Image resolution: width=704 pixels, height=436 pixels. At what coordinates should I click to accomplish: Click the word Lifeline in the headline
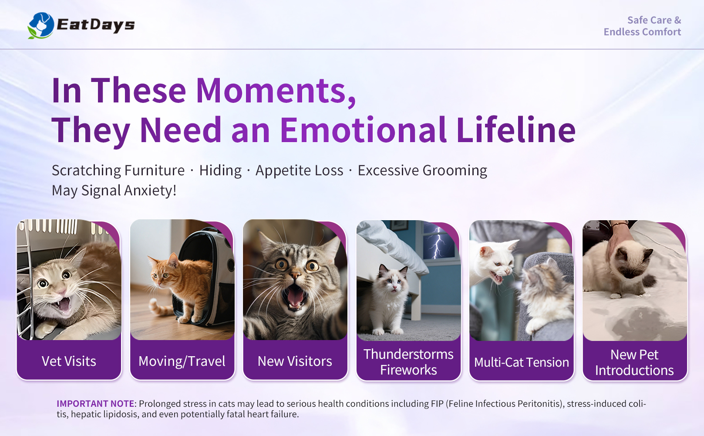click(x=515, y=129)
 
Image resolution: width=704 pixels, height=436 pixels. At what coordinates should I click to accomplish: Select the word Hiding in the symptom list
click(x=220, y=171)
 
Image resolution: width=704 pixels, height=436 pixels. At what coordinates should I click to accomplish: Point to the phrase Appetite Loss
click(x=299, y=171)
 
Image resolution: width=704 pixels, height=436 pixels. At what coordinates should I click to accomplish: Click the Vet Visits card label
click(x=69, y=361)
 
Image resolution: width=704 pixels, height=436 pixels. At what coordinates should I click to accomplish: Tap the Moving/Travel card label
click(x=182, y=361)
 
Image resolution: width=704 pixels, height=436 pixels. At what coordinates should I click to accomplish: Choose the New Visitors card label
click(x=295, y=361)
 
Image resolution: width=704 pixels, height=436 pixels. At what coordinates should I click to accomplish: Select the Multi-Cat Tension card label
click(x=522, y=362)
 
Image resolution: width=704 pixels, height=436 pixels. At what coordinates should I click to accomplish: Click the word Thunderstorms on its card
click(x=408, y=354)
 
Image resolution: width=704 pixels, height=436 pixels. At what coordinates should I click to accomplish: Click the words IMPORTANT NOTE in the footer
click(x=95, y=404)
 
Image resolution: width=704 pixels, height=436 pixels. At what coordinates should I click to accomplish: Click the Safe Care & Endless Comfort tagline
click(x=643, y=26)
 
